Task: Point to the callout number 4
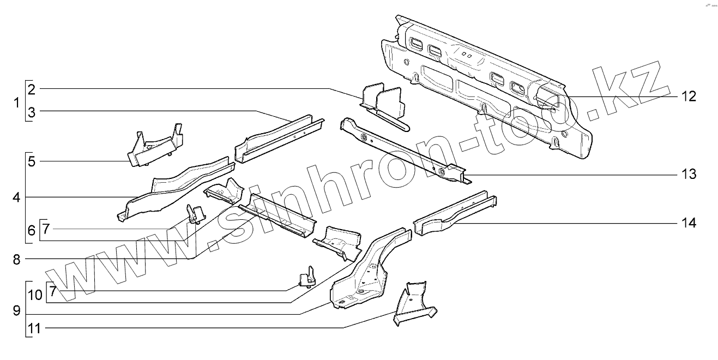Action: tap(17, 197)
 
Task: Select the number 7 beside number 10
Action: tap(52, 291)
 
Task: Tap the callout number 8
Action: tap(17, 260)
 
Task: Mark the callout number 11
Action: tap(34, 328)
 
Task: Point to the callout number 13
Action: tap(689, 175)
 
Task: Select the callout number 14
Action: tap(689, 223)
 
